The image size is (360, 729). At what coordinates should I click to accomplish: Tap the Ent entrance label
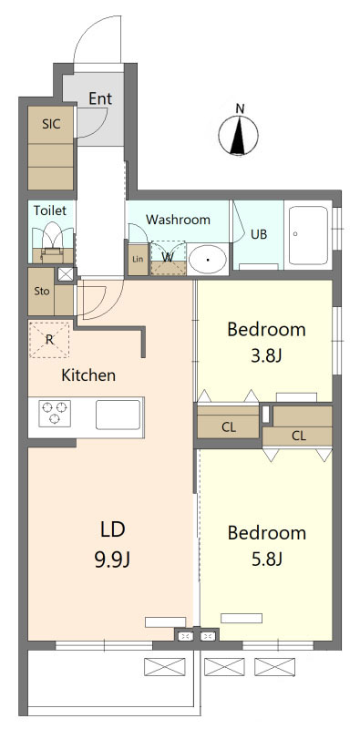tap(100, 98)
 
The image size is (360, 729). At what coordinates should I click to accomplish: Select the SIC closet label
tap(51, 124)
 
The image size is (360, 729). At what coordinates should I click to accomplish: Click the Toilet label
tap(50, 210)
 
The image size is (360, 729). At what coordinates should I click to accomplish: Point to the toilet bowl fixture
tap(52, 241)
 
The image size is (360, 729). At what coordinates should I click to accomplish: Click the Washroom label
tap(178, 220)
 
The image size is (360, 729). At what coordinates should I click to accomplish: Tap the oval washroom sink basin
tap(207, 259)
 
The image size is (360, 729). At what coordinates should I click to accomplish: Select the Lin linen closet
tap(138, 258)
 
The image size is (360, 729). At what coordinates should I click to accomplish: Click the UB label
tap(259, 234)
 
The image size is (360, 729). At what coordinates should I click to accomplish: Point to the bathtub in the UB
tap(309, 235)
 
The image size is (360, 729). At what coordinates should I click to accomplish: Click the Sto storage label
tap(41, 292)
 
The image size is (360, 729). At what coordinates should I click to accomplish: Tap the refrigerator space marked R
tap(49, 339)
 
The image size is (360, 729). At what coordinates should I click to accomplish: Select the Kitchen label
tap(88, 375)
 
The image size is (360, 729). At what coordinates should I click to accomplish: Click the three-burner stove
tap(55, 413)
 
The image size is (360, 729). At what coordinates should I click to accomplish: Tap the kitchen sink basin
tap(118, 415)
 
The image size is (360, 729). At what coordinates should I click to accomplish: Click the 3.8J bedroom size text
tap(266, 356)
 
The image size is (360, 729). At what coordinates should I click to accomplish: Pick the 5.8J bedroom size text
tap(266, 560)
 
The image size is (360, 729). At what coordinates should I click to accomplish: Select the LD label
tap(113, 529)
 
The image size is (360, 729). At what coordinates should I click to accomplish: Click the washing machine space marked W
tap(169, 258)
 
